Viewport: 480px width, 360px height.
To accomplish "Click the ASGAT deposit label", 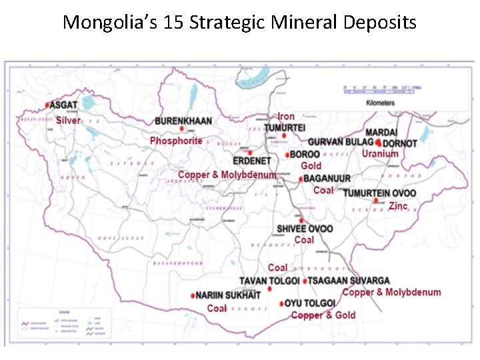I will pos(64,105).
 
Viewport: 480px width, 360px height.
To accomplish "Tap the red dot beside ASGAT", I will pos(48,105).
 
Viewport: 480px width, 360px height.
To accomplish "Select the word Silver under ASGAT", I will pos(68,121).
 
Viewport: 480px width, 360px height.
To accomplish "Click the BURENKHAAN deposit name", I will pos(183,121).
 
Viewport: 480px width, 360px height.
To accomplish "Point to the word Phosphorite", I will pos(176,141).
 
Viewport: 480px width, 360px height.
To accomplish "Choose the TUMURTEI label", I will pos(285,127).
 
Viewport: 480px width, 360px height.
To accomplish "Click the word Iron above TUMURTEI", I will pos(286,117).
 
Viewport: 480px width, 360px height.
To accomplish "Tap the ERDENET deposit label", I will pos(252,161).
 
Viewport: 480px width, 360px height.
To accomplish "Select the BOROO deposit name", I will pos(305,155).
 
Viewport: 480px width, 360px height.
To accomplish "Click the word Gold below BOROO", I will pos(311,165).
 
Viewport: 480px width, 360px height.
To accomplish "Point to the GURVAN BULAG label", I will pos(339,142).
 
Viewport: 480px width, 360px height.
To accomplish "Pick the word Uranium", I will pos(380,154).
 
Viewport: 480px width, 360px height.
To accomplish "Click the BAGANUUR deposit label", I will pos(327,179).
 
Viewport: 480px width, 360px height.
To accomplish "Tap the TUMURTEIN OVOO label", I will pos(380,193).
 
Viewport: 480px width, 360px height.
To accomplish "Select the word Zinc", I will pos(398,206).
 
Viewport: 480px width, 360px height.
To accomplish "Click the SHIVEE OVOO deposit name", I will pos(305,229).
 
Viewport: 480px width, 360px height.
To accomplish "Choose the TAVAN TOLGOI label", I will pos(269,281).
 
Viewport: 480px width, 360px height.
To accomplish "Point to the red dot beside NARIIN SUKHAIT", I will pos(193,295).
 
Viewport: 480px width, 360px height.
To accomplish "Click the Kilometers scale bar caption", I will pos(381,103).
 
